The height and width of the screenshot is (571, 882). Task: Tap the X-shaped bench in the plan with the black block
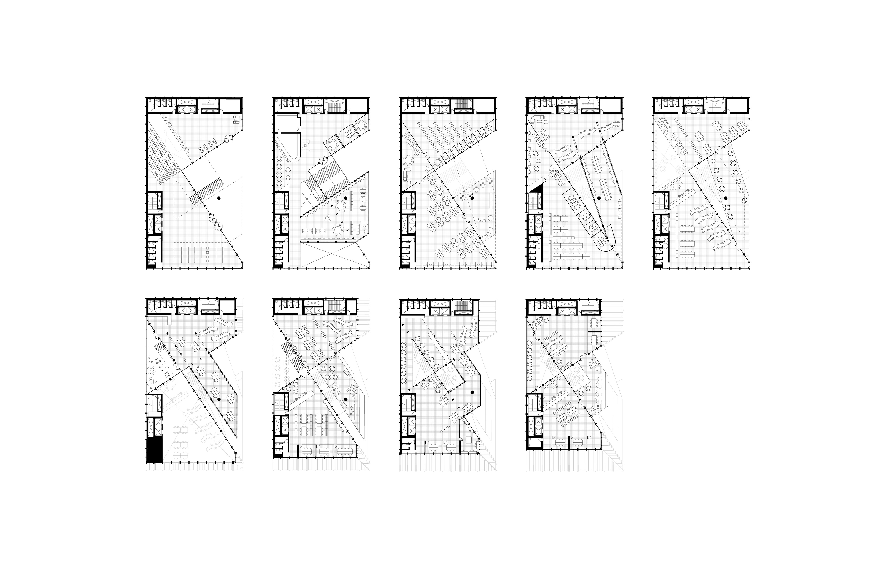(152, 370)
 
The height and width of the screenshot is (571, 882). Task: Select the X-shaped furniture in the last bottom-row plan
(592, 365)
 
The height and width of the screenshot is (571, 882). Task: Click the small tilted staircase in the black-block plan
(160, 349)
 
